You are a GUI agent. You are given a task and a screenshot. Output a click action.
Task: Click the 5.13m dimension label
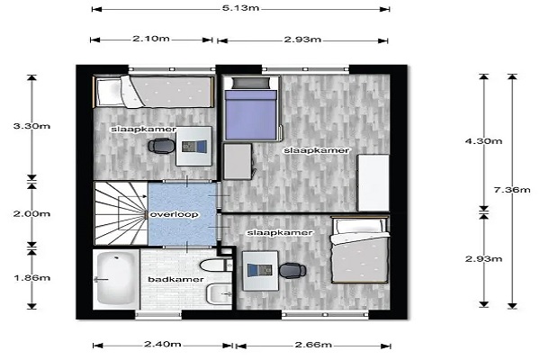tap(240, 8)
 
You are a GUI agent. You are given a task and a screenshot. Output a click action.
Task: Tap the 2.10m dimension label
tap(151, 38)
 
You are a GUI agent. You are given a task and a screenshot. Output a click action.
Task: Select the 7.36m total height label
tap(512, 190)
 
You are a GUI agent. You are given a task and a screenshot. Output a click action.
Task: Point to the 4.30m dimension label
tap(484, 141)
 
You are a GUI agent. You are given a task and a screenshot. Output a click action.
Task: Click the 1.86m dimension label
tap(32, 278)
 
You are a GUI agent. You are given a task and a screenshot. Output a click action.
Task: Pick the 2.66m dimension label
tap(313, 345)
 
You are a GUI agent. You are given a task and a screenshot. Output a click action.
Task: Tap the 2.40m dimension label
tap(163, 344)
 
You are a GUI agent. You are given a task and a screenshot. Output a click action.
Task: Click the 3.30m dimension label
tap(31, 126)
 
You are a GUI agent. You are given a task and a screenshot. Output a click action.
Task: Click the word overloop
tap(175, 214)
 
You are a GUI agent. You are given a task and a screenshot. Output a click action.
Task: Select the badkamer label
tap(175, 279)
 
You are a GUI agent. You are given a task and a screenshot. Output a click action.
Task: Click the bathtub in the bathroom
tap(114, 279)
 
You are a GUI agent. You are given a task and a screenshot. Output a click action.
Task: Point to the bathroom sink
tap(220, 294)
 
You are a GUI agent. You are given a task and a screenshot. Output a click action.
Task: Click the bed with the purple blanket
tap(252, 109)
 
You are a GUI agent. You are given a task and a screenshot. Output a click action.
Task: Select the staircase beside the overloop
tap(121, 213)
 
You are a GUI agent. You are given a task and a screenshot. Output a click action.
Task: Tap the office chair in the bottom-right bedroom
tap(292, 270)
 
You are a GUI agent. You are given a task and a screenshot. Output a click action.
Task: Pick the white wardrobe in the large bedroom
tap(373, 183)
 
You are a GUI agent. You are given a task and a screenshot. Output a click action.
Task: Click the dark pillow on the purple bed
tap(250, 83)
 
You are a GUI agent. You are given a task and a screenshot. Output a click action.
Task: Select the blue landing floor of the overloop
tap(182, 214)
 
